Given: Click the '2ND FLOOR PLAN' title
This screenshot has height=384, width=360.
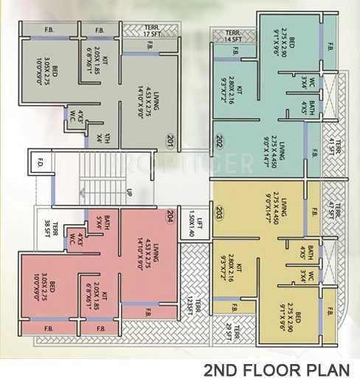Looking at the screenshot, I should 280,371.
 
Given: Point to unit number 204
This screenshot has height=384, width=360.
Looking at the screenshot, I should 170,216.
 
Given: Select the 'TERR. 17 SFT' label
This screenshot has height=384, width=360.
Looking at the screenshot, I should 153,31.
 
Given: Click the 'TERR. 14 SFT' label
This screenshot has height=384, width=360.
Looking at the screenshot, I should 234,37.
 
